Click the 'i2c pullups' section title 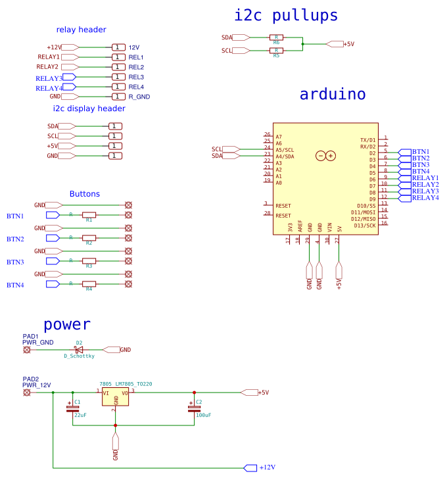(286, 16)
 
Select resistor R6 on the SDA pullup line (276, 37)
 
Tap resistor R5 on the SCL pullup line (276, 51)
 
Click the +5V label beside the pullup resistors (348, 44)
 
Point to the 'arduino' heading (332, 94)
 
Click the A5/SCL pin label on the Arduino (285, 150)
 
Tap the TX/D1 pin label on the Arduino (368, 140)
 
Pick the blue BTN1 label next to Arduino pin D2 (420, 152)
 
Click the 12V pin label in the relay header (134, 47)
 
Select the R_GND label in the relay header (139, 97)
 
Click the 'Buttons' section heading (85, 194)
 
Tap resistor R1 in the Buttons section (89, 215)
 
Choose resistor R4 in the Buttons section (89, 284)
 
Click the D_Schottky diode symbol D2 (79, 350)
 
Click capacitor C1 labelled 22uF (72, 408)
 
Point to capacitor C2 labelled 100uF (193, 408)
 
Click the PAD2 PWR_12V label (36, 382)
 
